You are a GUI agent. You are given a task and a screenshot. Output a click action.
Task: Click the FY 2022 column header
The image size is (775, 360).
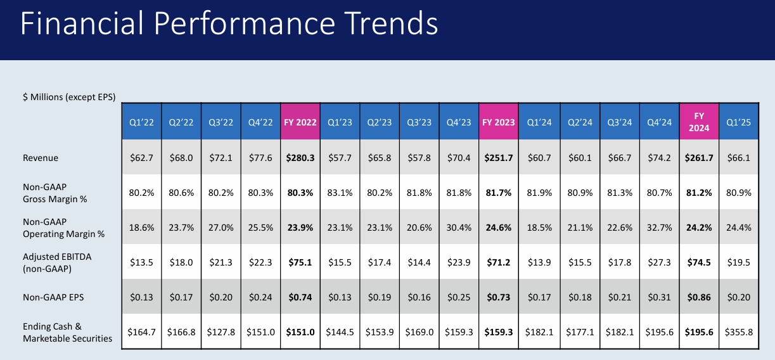click(300, 122)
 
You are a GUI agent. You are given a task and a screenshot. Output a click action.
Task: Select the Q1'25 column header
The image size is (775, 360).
click(738, 122)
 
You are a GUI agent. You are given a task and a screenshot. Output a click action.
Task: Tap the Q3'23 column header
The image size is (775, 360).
click(419, 122)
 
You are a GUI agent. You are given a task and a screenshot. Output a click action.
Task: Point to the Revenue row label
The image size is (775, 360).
click(41, 157)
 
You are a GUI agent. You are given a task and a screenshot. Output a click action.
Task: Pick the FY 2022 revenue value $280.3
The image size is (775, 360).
click(300, 157)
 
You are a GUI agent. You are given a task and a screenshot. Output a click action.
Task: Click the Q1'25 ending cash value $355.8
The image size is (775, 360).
click(738, 332)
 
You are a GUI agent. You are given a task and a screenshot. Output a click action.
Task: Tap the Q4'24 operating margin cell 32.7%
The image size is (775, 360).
click(658, 228)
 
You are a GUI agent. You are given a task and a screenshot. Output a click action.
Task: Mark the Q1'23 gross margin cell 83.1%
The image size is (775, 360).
click(340, 193)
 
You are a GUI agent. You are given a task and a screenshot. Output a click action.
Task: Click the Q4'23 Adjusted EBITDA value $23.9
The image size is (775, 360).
click(459, 262)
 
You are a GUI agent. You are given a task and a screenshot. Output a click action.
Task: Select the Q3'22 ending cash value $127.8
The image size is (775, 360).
click(220, 332)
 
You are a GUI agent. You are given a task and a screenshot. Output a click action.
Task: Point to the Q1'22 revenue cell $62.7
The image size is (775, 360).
click(141, 157)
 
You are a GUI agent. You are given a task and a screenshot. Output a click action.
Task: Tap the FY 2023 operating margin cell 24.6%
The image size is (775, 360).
click(499, 228)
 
